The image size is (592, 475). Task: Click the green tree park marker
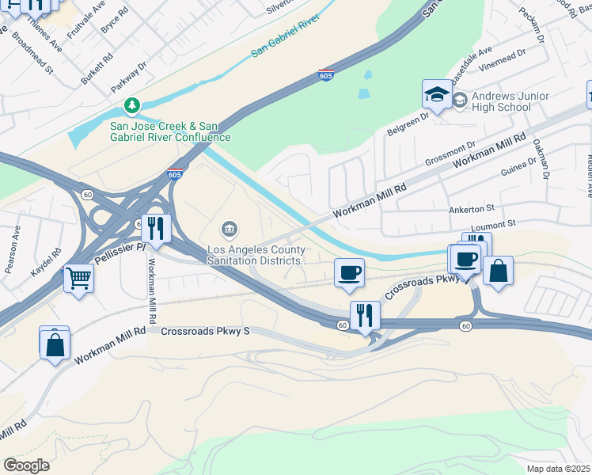[132, 105]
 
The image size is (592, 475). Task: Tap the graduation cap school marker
[436, 96]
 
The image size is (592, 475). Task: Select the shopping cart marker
[78, 278]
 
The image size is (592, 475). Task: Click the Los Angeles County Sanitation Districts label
[256, 254]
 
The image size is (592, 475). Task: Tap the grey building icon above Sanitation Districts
[230, 230]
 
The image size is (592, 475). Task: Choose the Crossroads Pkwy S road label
[205, 331]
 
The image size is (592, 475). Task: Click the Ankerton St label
[471, 207]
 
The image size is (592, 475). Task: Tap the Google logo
[26, 465]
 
